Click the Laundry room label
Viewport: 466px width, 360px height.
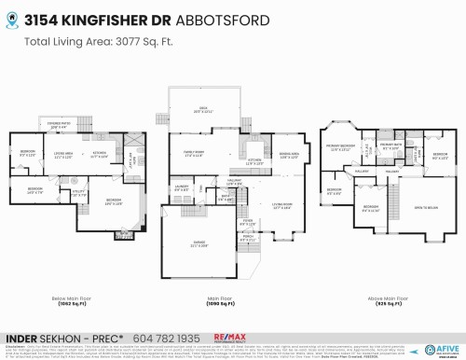click(x=184, y=187)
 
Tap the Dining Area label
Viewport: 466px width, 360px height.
click(x=288, y=156)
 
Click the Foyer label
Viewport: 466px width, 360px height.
click(x=248, y=223)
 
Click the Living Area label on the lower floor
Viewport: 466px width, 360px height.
click(x=63, y=155)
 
